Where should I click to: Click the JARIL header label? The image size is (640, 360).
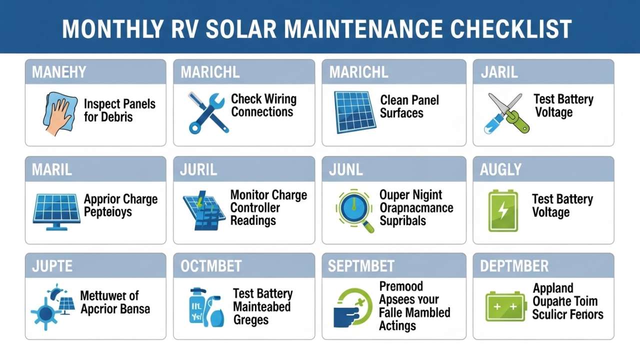click(499, 72)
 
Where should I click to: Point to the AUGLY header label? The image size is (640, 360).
click(500, 169)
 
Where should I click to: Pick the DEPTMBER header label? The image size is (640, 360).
click(514, 265)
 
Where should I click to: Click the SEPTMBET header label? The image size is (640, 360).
click(361, 265)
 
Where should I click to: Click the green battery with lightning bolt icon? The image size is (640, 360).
click(503, 209)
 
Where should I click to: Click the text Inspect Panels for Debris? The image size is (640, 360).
click(119, 110)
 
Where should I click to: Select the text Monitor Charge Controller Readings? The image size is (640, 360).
click(268, 207)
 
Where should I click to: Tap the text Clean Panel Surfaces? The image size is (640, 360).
click(409, 106)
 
